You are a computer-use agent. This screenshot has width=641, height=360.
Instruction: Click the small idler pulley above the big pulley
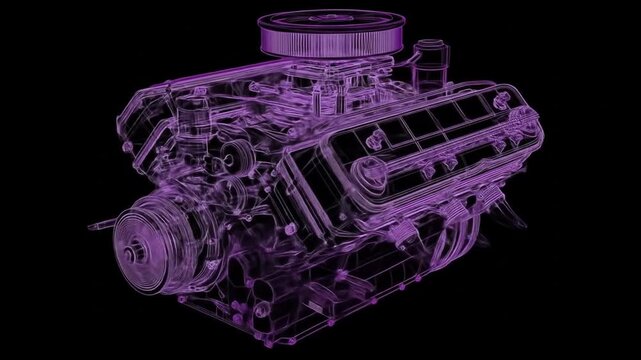(x=237, y=155)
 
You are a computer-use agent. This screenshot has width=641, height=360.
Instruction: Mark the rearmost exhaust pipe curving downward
(x=510, y=215)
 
